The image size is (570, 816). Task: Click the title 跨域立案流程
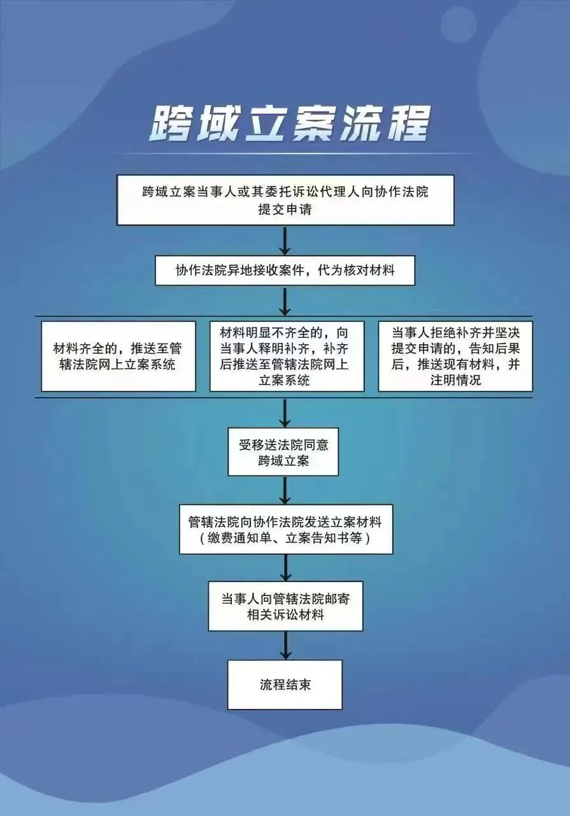(x=289, y=124)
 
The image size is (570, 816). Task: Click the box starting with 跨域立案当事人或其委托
(x=285, y=200)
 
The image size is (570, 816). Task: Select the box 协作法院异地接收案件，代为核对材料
(x=285, y=270)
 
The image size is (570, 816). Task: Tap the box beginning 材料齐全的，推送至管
(x=118, y=356)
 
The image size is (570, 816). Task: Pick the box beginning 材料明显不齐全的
(x=287, y=356)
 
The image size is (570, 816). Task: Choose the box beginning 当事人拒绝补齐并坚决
(x=455, y=356)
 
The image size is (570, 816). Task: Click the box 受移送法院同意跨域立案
(x=283, y=452)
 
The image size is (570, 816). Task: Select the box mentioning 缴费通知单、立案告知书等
(x=286, y=529)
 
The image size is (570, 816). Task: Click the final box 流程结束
(x=285, y=685)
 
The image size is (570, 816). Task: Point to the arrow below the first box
(x=285, y=240)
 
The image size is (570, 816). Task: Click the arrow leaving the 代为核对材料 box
(x=285, y=301)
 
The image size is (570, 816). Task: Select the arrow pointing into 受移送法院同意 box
(x=285, y=413)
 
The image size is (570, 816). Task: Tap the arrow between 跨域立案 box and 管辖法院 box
(x=285, y=490)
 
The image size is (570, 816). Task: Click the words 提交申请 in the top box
(x=285, y=210)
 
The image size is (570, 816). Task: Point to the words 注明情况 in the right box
(x=455, y=381)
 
